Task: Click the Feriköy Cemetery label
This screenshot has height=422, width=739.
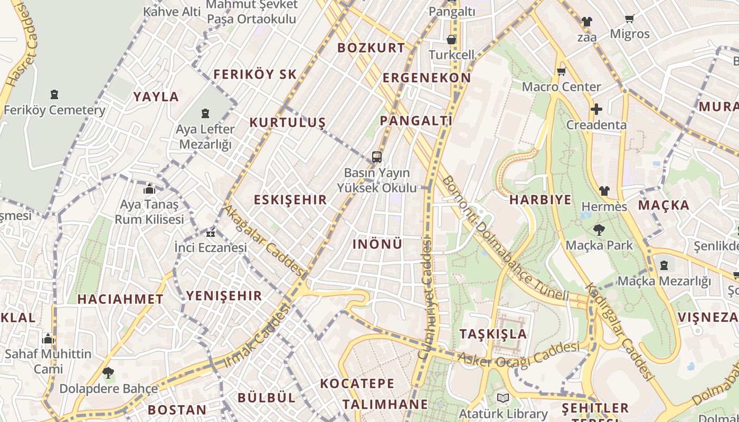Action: (54, 110)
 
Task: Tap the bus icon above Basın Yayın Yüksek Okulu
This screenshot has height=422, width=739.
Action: (376, 157)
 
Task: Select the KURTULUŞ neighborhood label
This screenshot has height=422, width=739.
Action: (288, 123)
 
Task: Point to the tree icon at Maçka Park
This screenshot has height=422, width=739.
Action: (599, 230)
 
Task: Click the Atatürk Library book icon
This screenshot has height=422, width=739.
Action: (503, 398)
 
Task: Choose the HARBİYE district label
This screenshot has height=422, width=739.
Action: (541, 200)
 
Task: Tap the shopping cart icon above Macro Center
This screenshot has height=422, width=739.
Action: (561, 71)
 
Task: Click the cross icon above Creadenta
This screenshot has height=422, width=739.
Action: (596, 109)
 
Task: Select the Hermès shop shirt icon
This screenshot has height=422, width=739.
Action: (604, 191)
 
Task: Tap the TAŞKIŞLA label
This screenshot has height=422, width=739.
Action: (493, 334)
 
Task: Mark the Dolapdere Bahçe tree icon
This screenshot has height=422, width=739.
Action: (108, 373)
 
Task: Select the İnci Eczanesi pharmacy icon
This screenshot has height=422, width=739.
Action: (211, 233)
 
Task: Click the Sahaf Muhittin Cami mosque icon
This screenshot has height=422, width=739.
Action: (48, 338)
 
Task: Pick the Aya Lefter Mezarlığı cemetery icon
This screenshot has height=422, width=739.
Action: (205, 113)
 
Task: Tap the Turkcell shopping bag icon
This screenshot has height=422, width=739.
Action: (451, 40)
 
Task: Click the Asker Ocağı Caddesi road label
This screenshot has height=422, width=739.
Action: (518, 355)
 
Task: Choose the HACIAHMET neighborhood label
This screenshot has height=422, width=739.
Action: (120, 299)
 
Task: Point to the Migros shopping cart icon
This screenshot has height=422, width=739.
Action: (629, 19)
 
